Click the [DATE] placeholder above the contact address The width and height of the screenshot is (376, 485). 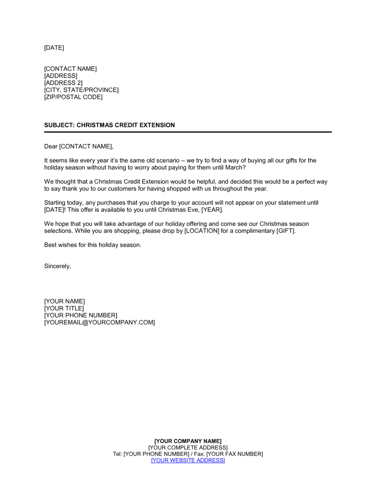tap(54, 48)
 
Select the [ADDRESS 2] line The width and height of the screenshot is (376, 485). tap(63, 83)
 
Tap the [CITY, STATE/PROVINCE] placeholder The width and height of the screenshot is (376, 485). tap(81, 90)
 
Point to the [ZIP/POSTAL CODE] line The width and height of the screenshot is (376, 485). tap(73, 97)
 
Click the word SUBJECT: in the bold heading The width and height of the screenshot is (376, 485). tap(59, 125)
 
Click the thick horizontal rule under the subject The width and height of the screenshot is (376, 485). tap(188, 132)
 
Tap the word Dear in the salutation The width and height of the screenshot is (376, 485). tap(51, 147)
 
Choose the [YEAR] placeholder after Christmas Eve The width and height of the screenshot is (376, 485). tap(212, 210)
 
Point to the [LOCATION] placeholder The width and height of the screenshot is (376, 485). tap(202, 231)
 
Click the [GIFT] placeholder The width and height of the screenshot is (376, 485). tap(285, 231)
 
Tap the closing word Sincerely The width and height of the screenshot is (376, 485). tap(57, 266)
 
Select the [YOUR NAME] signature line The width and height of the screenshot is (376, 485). tap(64, 302)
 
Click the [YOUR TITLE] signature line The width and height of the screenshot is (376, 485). tap(64, 309)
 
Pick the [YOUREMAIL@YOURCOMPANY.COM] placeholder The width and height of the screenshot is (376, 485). tap(99, 323)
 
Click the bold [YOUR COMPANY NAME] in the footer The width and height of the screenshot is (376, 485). tap(188, 441)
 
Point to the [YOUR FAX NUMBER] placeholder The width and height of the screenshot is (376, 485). tap(235, 454)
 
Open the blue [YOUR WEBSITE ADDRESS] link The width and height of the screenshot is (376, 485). tap(188, 461)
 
